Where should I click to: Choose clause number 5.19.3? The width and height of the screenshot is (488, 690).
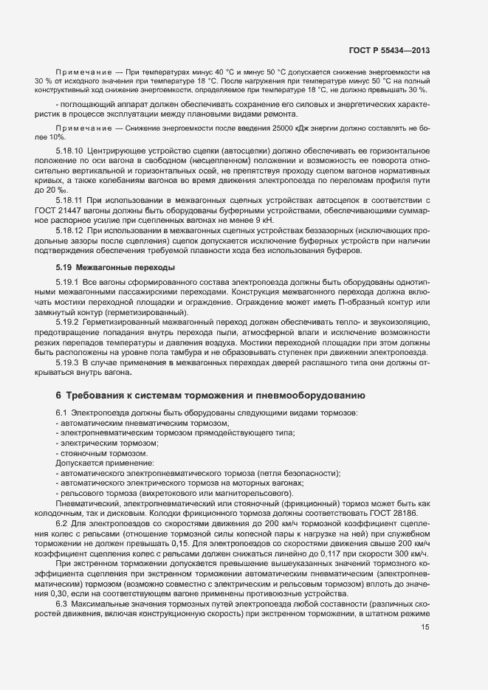point(69,362)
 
